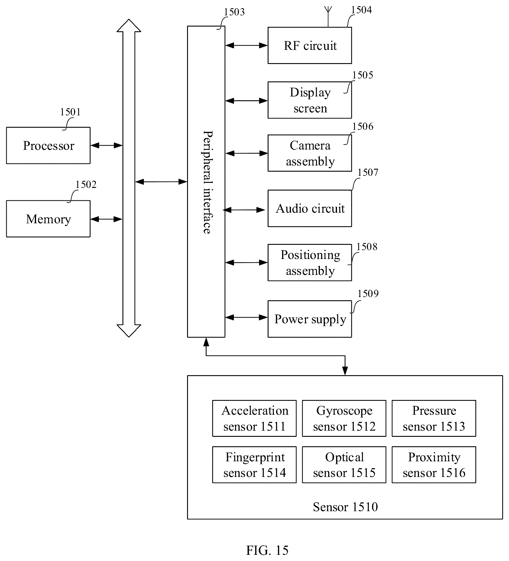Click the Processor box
click(x=48, y=145)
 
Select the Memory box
click(x=48, y=219)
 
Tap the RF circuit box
click(x=310, y=45)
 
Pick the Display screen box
click(x=310, y=100)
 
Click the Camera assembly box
click(x=310, y=153)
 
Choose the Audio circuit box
click(x=310, y=208)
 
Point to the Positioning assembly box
click(x=310, y=263)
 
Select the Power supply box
click(x=310, y=319)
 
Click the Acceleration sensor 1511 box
click(x=254, y=418)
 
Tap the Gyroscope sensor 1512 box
click(x=344, y=418)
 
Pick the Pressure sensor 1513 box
click(x=434, y=418)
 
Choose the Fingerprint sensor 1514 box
click(x=254, y=465)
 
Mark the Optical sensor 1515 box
click(x=344, y=465)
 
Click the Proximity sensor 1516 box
click(x=434, y=465)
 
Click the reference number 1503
click(x=234, y=12)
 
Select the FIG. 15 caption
click(x=267, y=550)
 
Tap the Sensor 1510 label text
click(x=345, y=507)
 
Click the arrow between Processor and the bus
click(x=106, y=145)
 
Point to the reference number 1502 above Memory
click(x=86, y=184)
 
